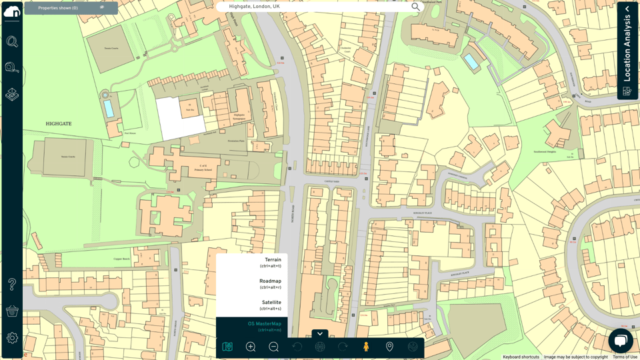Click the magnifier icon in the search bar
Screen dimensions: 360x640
tap(415, 7)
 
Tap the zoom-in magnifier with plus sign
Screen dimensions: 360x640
tap(251, 347)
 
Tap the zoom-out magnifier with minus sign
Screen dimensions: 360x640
tap(273, 347)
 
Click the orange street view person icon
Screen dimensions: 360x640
tap(366, 347)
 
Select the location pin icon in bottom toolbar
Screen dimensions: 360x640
tap(389, 346)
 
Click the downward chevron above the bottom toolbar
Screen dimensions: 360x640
tap(320, 334)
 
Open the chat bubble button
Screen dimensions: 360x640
tap(620, 341)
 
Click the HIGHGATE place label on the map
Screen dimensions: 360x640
tap(59, 124)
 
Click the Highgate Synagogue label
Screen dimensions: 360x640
tap(239, 117)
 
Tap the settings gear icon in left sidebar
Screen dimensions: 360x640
tap(12, 338)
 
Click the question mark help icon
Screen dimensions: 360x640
tap(12, 284)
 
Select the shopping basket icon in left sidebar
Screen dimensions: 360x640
tap(12, 311)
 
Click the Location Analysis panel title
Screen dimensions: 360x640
tap(627, 48)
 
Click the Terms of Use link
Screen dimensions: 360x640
tap(625, 357)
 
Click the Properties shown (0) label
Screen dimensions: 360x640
tap(58, 8)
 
